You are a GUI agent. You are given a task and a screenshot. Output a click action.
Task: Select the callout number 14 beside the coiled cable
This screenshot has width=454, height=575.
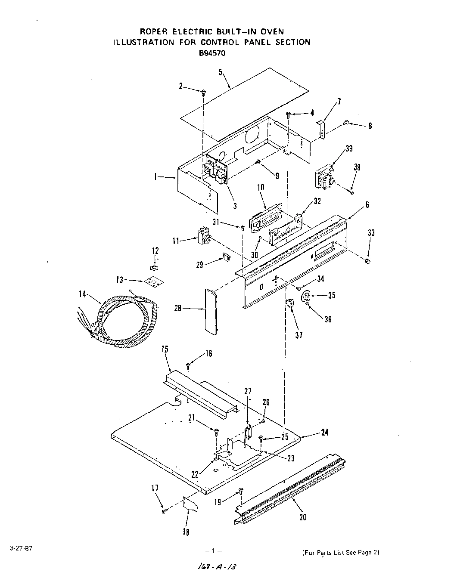click(82, 294)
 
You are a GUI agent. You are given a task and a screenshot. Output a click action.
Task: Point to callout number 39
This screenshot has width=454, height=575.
click(349, 148)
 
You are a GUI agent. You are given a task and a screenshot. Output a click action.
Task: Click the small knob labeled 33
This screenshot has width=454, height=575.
click(368, 261)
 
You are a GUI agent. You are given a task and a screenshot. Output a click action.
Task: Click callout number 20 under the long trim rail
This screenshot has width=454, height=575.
click(303, 517)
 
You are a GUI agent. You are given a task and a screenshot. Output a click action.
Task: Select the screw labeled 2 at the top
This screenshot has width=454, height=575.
click(203, 91)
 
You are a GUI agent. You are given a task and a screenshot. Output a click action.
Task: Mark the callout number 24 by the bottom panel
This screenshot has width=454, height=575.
click(324, 433)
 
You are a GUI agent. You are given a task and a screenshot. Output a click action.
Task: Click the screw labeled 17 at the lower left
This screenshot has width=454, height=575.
click(164, 511)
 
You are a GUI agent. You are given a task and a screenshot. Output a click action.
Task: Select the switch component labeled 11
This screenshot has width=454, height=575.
click(202, 238)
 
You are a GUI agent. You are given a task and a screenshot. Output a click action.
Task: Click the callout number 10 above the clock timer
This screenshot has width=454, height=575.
click(261, 187)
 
